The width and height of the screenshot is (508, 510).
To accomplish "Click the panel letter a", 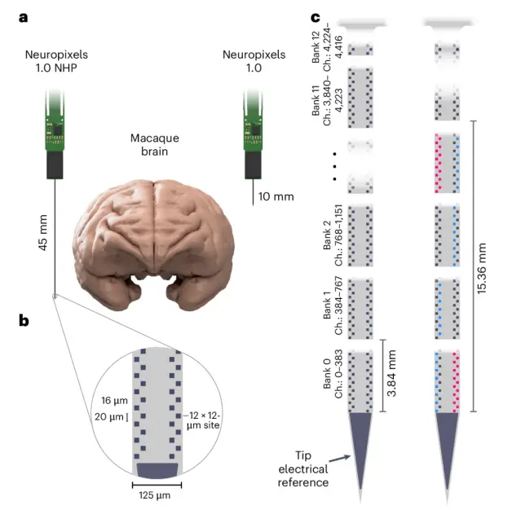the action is [x=23, y=18].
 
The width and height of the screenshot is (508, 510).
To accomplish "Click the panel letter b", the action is [x=24, y=321].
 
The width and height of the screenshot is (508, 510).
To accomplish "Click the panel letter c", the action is [x=316, y=18].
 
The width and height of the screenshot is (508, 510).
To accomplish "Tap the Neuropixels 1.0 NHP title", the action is [x=56, y=61].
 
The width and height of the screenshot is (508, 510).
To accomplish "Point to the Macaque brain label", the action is [x=155, y=144].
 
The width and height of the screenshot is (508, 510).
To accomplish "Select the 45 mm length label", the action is [x=43, y=232].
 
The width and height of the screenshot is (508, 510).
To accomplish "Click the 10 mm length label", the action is [x=276, y=196].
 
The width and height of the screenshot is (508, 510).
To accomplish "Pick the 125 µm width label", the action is [x=154, y=495].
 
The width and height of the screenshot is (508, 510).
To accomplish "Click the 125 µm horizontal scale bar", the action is [x=157, y=486].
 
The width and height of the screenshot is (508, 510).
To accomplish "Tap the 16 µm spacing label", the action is [x=114, y=400].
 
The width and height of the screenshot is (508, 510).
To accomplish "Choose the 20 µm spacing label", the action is [x=109, y=416].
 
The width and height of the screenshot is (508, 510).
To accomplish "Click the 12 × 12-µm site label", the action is [x=203, y=420].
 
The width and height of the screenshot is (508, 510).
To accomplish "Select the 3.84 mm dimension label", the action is [x=391, y=373].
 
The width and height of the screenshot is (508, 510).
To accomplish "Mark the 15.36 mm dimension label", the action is [x=481, y=268].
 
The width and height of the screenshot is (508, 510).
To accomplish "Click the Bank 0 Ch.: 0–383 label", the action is [x=333, y=374].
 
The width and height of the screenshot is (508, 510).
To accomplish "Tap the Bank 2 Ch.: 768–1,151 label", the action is [x=333, y=235].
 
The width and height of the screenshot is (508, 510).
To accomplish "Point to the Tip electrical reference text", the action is [x=303, y=468].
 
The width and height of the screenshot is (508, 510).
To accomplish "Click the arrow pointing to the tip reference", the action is [x=340, y=459].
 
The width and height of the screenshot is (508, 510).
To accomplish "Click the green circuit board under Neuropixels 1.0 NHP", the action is [x=55, y=121].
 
